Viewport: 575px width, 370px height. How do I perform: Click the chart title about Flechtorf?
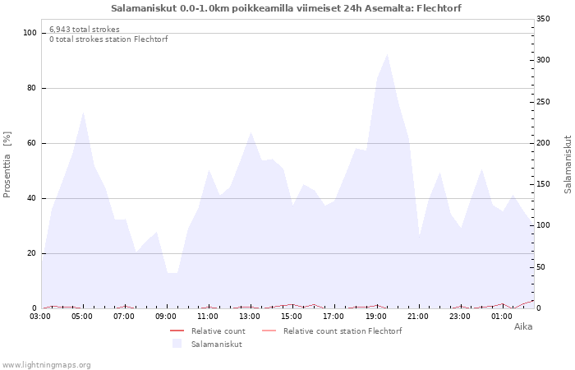coord(286,7)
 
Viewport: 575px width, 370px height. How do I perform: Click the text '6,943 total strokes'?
coord(84,30)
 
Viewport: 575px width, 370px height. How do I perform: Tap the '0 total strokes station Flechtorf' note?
coord(108,39)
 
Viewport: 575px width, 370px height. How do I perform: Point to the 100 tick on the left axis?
coord(30,33)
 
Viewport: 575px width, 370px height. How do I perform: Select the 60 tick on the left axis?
coord(33,143)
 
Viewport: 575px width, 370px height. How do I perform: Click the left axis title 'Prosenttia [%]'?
coord(7,164)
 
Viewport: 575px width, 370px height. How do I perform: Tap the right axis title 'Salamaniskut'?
coord(568,164)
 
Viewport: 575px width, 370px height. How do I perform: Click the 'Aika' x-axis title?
coord(522,326)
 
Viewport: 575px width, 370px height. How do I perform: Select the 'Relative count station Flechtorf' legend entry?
coord(342,331)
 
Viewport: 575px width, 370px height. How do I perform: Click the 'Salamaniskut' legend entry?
coord(216,344)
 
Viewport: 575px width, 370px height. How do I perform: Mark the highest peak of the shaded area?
coord(387,54)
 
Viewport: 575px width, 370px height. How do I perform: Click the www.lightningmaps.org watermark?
coord(46,364)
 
